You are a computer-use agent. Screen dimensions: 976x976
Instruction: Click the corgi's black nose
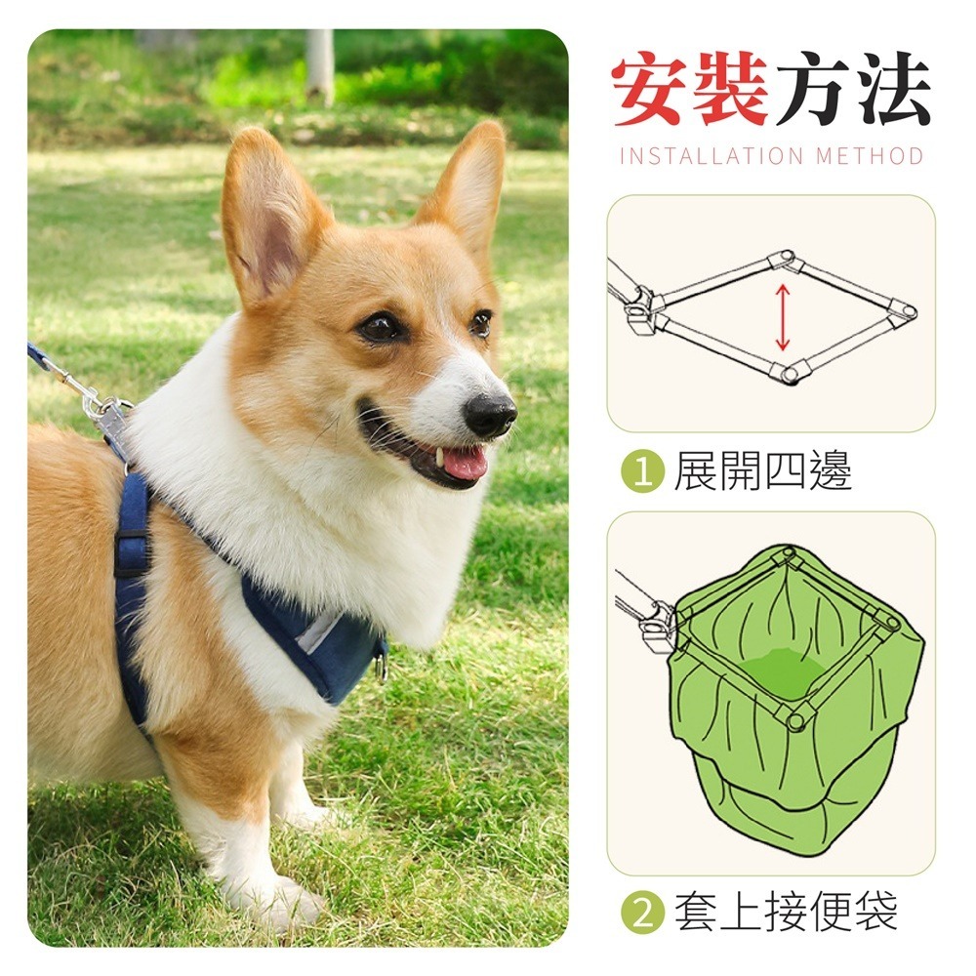[x=489, y=415]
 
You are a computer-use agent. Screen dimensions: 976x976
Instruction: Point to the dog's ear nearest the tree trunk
[x=467, y=190]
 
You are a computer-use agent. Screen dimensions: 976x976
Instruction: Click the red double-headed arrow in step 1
[x=782, y=315]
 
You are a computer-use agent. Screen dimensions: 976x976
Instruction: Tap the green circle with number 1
[x=642, y=472]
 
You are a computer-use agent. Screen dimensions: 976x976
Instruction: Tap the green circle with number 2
[x=642, y=915]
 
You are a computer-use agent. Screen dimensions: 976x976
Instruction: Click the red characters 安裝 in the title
[x=690, y=92]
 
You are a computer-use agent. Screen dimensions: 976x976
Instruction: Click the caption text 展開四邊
[x=762, y=472]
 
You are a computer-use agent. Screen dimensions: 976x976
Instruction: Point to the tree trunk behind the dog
[x=319, y=63]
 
